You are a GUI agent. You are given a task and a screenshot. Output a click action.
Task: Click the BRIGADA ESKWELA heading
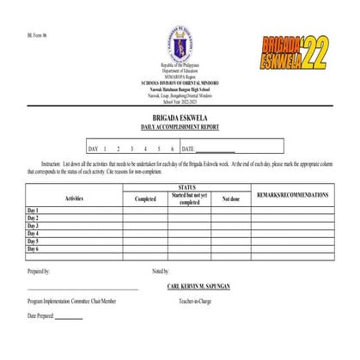pos(180,119)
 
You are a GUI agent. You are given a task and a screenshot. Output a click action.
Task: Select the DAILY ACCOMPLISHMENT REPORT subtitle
pos(180,127)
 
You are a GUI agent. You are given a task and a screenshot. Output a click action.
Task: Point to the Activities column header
pos(75,198)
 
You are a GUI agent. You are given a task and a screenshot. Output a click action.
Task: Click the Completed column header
pos(145,198)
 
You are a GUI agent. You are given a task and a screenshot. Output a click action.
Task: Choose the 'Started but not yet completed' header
pos(189,198)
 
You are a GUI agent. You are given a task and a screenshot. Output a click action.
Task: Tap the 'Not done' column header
pos(231,198)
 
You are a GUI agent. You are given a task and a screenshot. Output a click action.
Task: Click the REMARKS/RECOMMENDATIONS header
pos(292,195)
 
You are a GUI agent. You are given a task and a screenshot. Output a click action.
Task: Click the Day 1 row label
pos(33,211)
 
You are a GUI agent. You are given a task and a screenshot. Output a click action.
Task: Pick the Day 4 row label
pos(33,234)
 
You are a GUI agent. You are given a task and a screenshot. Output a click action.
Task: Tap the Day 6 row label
pos(33,249)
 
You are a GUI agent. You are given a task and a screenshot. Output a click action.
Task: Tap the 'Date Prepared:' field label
pos(40,316)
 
